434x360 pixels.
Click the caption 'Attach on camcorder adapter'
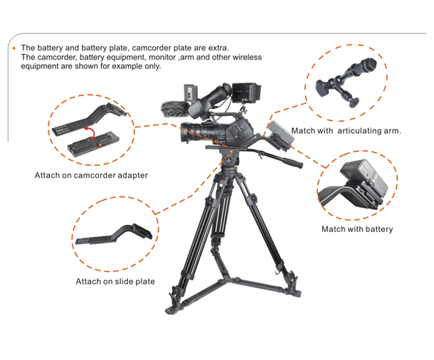point(91,175)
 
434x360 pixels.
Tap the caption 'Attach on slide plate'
point(115,282)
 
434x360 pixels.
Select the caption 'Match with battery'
point(357,229)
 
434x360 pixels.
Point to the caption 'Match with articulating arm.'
point(346,131)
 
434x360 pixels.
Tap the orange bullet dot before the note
point(14,48)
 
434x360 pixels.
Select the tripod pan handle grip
point(292,163)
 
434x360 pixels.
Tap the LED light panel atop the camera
point(191,92)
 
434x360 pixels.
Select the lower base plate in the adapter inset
point(93,144)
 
